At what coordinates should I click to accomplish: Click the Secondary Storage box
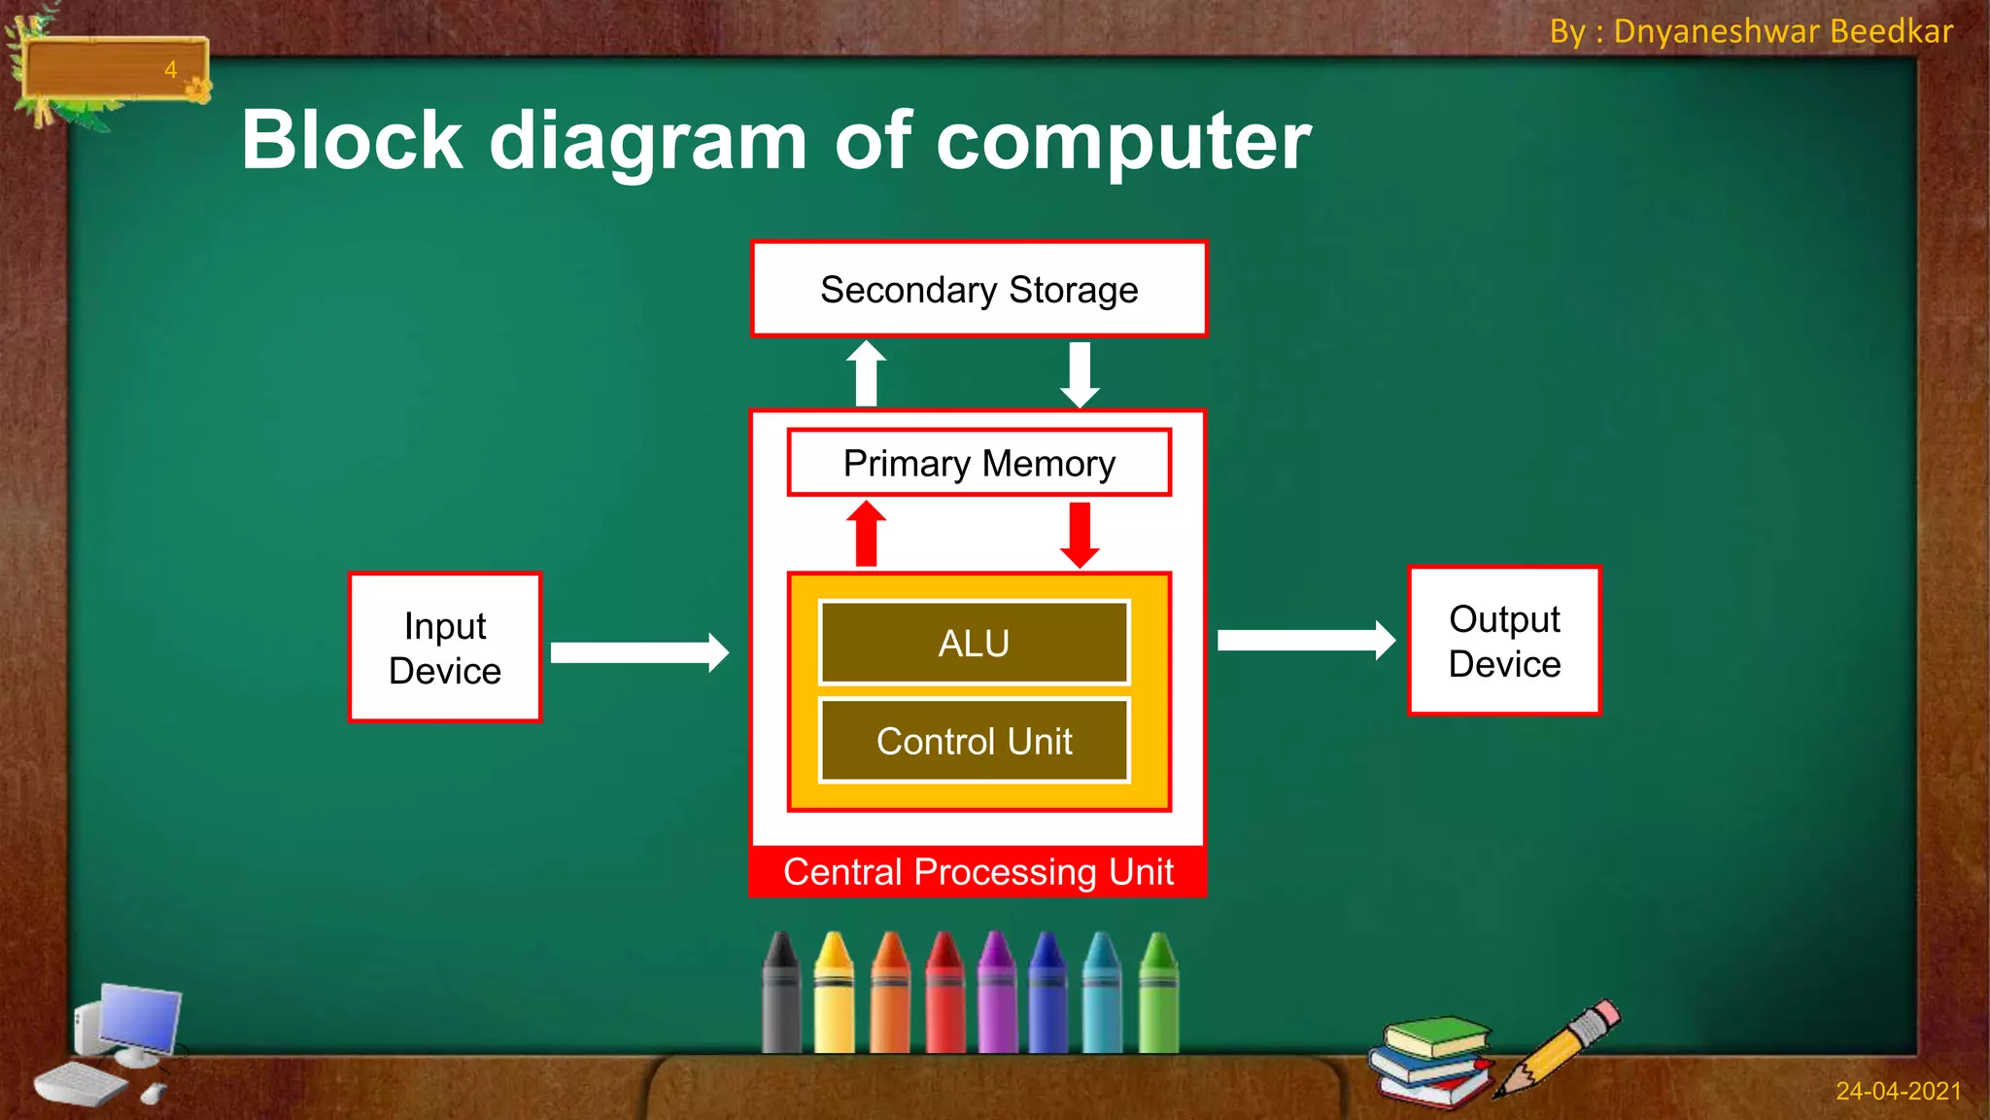978,290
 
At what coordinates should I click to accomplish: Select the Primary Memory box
978,464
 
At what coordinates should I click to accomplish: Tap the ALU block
974,644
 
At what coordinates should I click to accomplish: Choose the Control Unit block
974,742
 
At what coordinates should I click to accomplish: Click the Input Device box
445,648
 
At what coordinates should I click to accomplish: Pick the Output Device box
1504,642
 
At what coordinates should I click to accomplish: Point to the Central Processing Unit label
978,872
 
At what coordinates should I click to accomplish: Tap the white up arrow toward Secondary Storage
866,374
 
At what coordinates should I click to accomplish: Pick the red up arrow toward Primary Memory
866,535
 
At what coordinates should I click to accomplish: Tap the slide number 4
170,70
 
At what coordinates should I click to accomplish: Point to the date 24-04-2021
1898,1092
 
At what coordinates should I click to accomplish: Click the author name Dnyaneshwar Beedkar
1782,32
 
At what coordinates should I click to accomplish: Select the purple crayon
995,994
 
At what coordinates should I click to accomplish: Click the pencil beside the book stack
1559,1048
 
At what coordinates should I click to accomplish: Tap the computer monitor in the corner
138,1019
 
